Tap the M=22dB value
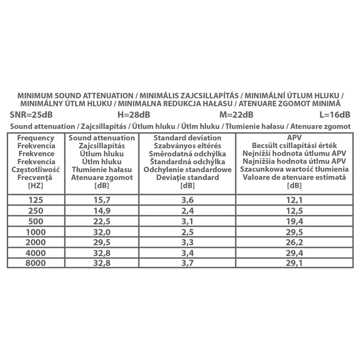click(x=236, y=115)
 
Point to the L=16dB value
click(x=335, y=115)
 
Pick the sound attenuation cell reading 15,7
click(x=101, y=199)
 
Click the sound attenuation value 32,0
click(x=101, y=232)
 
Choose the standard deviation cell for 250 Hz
click(x=186, y=210)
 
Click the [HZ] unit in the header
click(x=35, y=185)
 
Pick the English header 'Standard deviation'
click(x=187, y=138)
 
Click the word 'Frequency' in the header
click(x=35, y=138)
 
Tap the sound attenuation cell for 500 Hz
click(x=101, y=221)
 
